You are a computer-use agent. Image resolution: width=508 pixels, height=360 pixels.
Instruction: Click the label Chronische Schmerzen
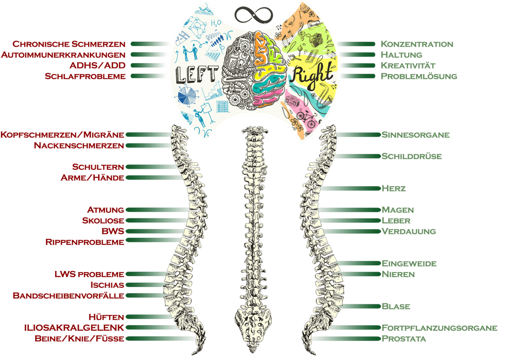(69, 44)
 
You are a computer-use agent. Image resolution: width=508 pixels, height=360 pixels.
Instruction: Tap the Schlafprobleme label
(85, 76)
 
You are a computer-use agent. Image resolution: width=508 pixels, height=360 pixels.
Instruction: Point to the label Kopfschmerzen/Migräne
(63, 135)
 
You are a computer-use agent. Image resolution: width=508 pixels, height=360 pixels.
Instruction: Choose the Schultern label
(98, 167)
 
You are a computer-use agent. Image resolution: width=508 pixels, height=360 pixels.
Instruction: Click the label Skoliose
(103, 220)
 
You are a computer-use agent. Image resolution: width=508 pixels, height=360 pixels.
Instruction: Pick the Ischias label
(108, 285)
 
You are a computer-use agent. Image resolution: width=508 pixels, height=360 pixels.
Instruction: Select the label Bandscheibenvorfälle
(68, 296)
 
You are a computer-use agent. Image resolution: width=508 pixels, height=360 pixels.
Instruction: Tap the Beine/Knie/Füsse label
(79, 339)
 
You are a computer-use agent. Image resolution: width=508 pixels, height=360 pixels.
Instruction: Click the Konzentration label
(417, 44)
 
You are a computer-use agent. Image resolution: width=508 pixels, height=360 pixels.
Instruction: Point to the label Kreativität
(408, 66)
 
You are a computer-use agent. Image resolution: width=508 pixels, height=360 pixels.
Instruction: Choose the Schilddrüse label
(411, 156)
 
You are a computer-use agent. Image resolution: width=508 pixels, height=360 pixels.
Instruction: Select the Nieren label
(398, 274)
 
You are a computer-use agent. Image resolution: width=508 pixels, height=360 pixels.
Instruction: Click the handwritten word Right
(312, 75)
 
